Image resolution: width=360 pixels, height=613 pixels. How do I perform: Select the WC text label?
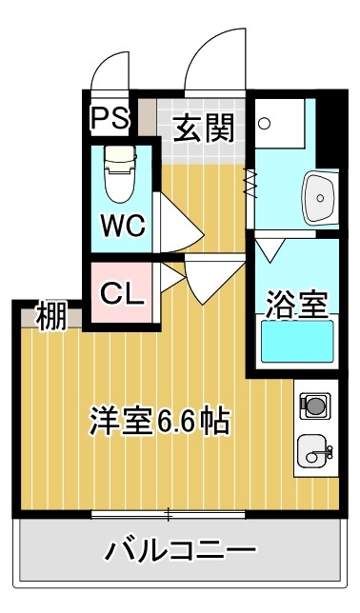click(x=124, y=227)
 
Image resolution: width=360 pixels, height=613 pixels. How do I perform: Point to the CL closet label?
click(x=123, y=294)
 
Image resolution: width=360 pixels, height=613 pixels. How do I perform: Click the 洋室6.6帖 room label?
click(x=159, y=419)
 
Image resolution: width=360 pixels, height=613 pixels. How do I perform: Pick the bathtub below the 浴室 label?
click(x=296, y=343)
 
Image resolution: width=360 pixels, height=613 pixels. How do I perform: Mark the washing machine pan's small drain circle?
click(x=265, y=123)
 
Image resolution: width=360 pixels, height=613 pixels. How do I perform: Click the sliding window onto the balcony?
click(x=169, y=515)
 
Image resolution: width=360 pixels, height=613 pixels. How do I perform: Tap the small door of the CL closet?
click(x=170, y=278)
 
